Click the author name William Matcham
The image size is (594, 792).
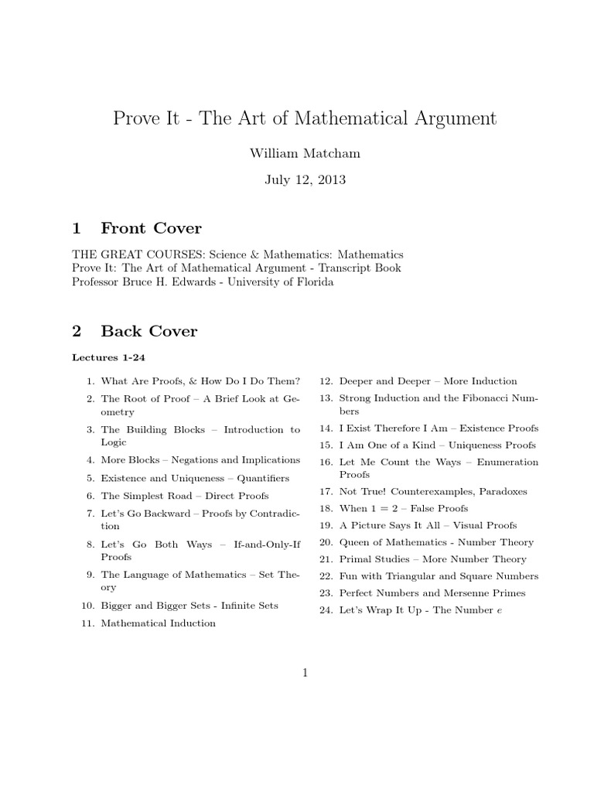[x=304, y=153]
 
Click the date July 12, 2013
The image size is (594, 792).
[x=305, y=179]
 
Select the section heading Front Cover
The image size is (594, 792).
[x=151, y=228]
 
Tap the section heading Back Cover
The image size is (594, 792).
[x=149, y=331]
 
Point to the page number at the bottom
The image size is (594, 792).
[x=306, y=673]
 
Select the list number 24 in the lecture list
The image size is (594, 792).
[x=325, y=610]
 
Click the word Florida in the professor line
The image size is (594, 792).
[x=313, y=282]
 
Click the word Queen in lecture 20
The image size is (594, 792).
[x=353, y=542]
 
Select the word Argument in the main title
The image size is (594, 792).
[x=448, y=118]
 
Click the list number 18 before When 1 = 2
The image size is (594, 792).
[x=325, y=508]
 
